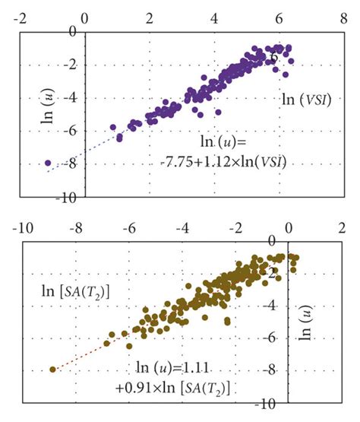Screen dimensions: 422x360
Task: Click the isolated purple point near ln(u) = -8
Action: (x=48, y=163)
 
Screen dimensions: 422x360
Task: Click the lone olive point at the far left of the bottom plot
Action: (x=52, y=370)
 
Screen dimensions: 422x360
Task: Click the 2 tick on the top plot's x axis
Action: (x=150, y=17)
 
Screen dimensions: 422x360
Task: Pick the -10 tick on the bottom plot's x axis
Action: (x=25, y=227)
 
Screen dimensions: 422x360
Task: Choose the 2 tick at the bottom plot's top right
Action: (x=341, y=227)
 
